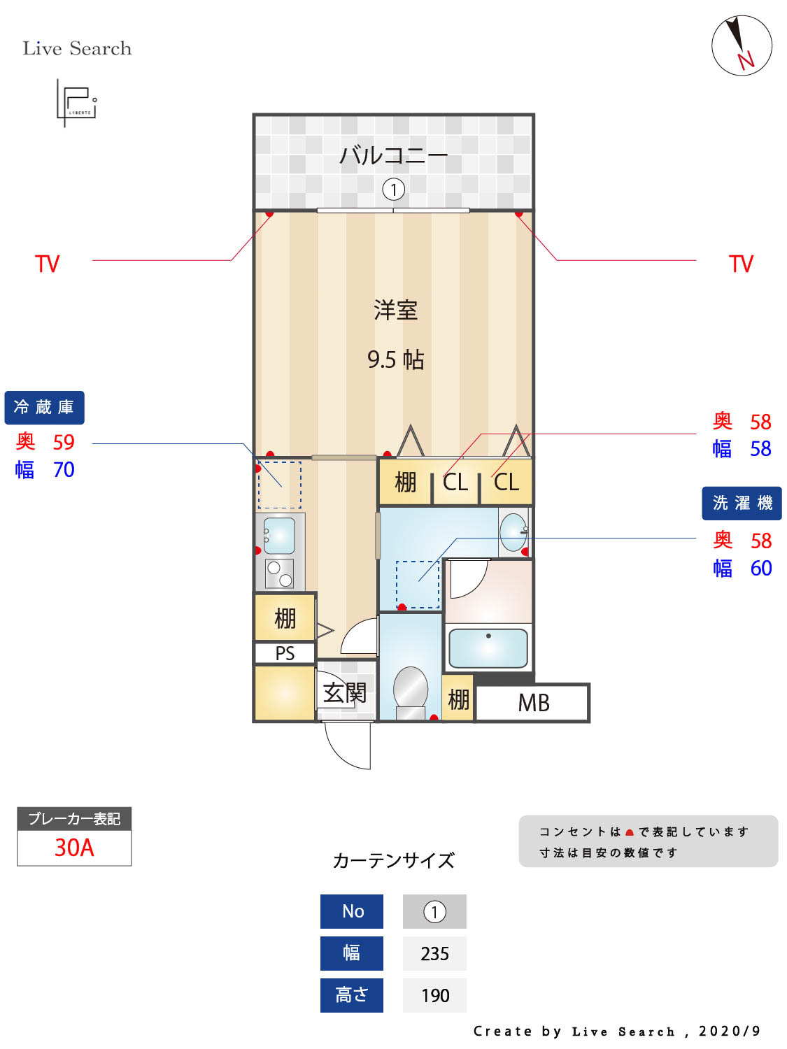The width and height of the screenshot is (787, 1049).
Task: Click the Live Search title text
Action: coord(77,48)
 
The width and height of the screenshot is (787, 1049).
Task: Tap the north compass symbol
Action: coord(742,45)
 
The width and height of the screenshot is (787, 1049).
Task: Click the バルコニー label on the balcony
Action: coord(393,155)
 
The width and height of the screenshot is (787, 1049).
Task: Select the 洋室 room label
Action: coord(395,310)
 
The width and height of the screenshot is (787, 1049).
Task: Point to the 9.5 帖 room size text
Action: coord(395,359)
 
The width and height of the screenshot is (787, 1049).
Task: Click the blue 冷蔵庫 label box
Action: coord(44,408)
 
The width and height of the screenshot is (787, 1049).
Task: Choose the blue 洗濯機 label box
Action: coord(742,504)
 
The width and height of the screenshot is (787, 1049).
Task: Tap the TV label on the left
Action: coord(48,264)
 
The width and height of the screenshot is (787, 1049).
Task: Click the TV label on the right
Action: coord(741,264)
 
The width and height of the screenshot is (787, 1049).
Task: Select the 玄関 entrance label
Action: coord(344,693)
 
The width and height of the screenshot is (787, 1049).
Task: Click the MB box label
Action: coord(533,703)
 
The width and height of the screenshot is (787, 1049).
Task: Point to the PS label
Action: coord(285,653)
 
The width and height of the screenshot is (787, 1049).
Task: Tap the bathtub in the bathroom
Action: coord(488,648)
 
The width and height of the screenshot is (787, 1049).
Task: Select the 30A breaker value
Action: coord(74,848)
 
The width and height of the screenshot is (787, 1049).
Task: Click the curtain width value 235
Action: coord(434,954)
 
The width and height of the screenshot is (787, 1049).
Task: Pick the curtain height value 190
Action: coord(434,995)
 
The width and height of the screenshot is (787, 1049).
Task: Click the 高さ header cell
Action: coord(351,995)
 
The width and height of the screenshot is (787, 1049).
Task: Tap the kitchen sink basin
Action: coord(280,536)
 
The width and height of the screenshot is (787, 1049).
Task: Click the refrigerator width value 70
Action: coord(64,470)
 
